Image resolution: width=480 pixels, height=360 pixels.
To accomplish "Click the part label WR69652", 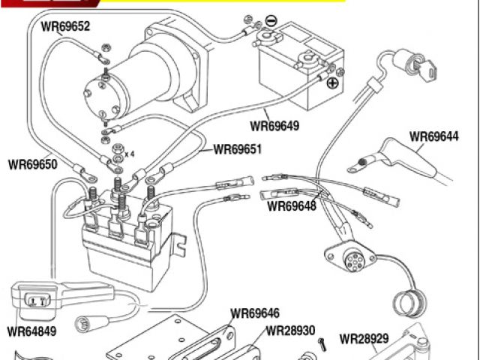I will pyautogui.click(x=65, y=27).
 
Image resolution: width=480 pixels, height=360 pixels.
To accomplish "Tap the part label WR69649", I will pyautogui.click(x=274, y=126).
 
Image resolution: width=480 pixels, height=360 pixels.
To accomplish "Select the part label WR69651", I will pyautogui.click(x=238, y=148).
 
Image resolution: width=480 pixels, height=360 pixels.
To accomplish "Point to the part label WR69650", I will pyautogui.click(x=32, y=163).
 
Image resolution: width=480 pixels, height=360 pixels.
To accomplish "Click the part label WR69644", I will pyautogui.click(x=433, y=137).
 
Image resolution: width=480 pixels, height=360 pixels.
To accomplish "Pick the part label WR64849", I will pyautogui.click(x=31, y=329).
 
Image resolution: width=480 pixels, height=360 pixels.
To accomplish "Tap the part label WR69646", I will pyautogui.click(x=255, y=313).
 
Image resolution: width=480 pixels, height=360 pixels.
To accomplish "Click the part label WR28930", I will pyautogui.click(x=291, y=329).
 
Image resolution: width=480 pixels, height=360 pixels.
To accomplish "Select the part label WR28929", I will pyautogui.click(x=364, y=338).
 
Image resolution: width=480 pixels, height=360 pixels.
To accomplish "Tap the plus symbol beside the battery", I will pyautogui.click(x=332, y=83).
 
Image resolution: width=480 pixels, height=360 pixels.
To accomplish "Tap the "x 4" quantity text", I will pyautogui.click(x=129, y=154).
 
